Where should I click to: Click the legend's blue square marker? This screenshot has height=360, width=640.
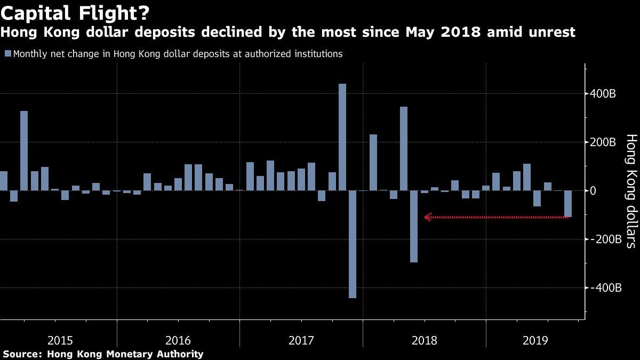coord(7,54)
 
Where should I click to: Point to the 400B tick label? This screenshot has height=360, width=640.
coord(604,94)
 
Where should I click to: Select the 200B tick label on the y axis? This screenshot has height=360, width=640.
coord(604,142)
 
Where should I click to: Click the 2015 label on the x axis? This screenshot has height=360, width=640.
coord(61,340)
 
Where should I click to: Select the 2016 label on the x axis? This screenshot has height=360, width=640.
coord(179,340)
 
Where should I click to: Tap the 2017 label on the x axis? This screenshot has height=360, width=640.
coord(301,340)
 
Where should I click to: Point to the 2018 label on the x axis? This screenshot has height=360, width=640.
coord(424,340)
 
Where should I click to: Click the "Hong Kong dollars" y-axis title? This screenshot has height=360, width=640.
coord(631,191)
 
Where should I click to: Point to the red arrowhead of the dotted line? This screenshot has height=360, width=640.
coord(427,217)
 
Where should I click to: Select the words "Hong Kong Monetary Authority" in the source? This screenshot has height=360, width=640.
coord(125,354)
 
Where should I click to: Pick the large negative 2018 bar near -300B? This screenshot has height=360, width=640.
coord(414,226)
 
